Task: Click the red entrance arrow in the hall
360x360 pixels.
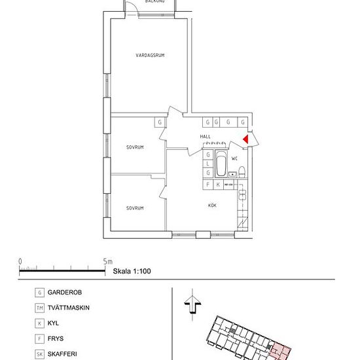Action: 245,139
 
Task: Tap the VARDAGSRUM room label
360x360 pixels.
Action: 151,56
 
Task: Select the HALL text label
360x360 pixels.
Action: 206,136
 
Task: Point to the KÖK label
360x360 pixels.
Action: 212,206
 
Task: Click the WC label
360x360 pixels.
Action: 234,158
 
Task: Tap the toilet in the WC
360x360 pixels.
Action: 242,173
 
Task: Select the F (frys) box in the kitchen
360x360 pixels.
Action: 207,185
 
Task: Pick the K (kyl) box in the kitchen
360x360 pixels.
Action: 217,185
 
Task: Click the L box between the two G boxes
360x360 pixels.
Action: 207,164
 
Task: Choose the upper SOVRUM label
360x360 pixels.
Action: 135,147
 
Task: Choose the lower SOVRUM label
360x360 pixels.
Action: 135,207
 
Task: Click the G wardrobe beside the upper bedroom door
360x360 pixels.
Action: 159,122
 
